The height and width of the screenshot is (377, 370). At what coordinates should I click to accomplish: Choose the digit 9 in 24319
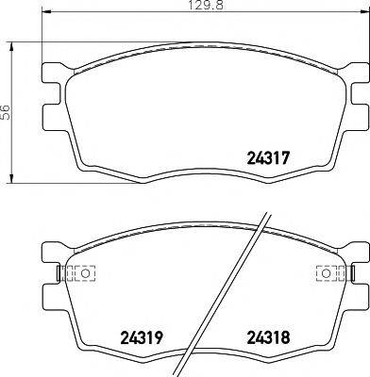pyautogui.click(x=161, y=335)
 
